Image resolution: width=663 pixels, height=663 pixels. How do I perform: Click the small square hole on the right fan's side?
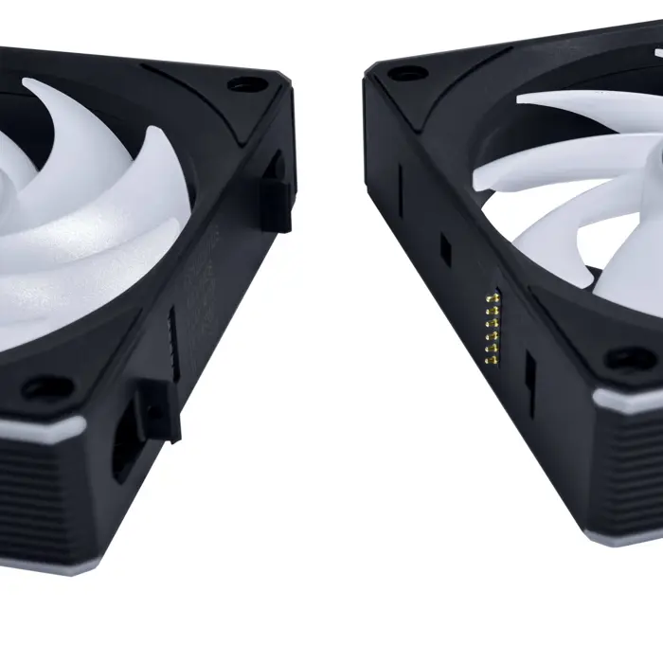(x=443, y=248)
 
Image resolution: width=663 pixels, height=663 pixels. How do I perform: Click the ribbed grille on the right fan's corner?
(x=630, y=464)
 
